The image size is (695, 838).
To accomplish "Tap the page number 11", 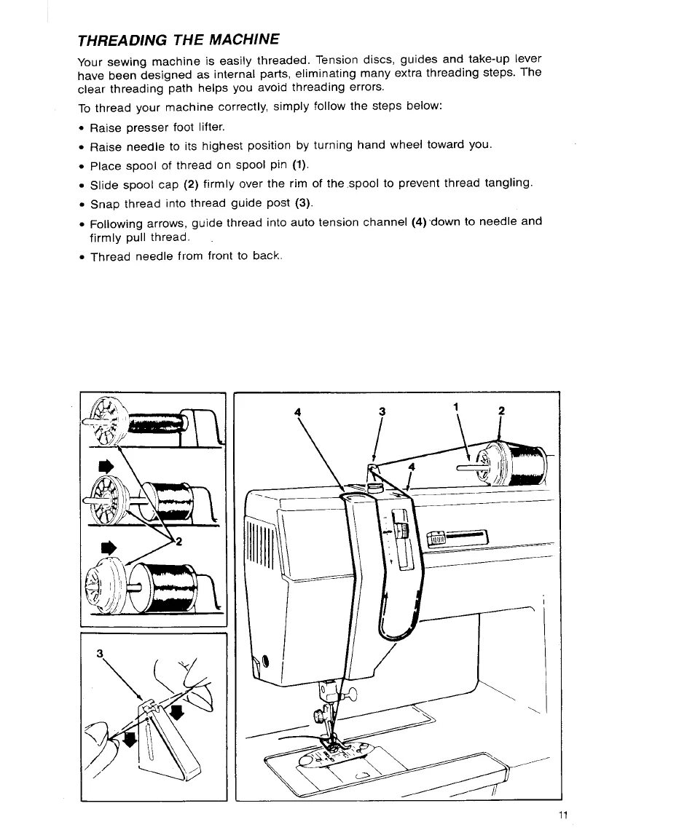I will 562,814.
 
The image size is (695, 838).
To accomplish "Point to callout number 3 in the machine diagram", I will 381,412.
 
